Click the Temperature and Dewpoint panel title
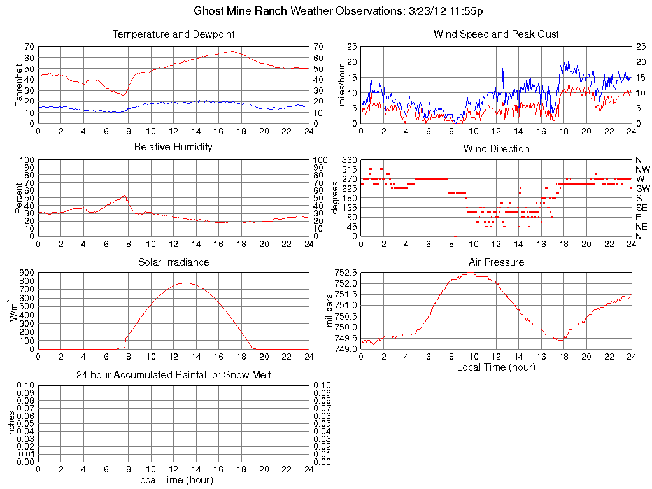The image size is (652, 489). tap(173, 34)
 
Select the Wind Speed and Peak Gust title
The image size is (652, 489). tap(496, 34)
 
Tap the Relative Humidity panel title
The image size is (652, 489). tap(173, 147)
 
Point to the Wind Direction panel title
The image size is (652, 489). tap(496, 149)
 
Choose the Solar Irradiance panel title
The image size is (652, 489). tap(173, 262)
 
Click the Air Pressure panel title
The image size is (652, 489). tap(496, 262)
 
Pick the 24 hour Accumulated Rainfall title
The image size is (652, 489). tap(173, 375)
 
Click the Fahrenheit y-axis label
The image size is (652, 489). tap(18, 85)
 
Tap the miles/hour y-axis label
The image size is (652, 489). tap(341, 85)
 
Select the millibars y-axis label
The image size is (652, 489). tap(329, 311)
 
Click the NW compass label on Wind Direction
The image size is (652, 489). tap(642, 169)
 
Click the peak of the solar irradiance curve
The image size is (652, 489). tap(185, 283)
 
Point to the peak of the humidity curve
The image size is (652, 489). tap(125, 195)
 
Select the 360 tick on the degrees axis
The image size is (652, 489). tap(348, 160)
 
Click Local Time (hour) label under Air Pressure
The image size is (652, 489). tap(496, 367)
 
